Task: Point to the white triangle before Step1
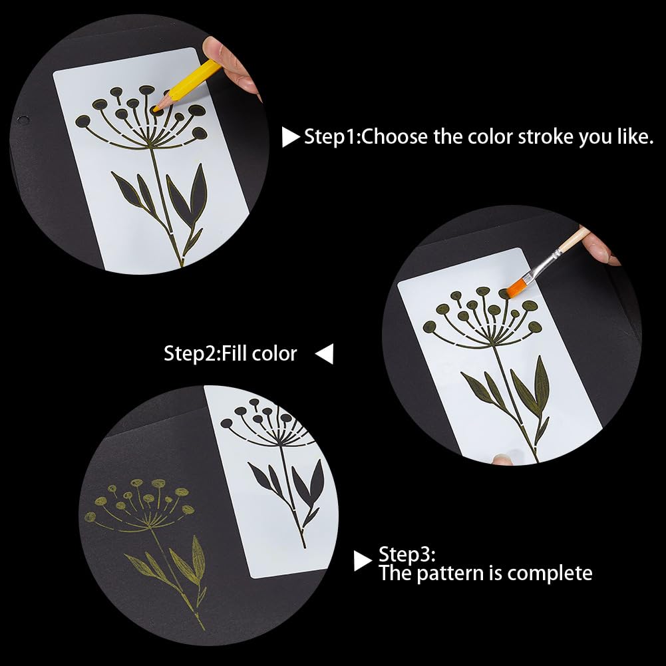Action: [290, 138]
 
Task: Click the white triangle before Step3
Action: [362, 561]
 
